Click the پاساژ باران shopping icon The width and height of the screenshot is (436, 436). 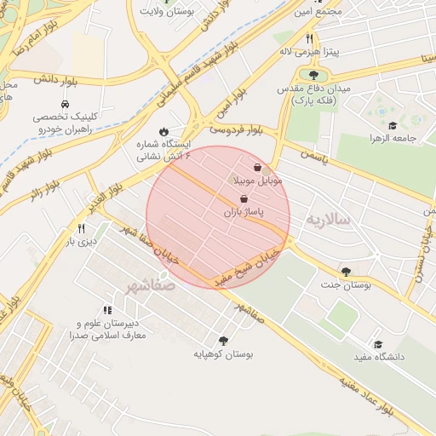245,198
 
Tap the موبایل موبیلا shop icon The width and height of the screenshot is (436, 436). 258,169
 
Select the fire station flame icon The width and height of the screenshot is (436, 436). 163,132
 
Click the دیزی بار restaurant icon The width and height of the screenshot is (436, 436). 82,228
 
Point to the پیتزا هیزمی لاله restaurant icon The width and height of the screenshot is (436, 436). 310,38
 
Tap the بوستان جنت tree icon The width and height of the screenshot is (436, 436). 345,272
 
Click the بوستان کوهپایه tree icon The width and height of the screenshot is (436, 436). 224,340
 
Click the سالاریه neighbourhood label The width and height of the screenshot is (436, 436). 330,219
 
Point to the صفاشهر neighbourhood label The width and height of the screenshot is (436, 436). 149,284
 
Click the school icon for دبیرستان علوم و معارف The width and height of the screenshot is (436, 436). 107,310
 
